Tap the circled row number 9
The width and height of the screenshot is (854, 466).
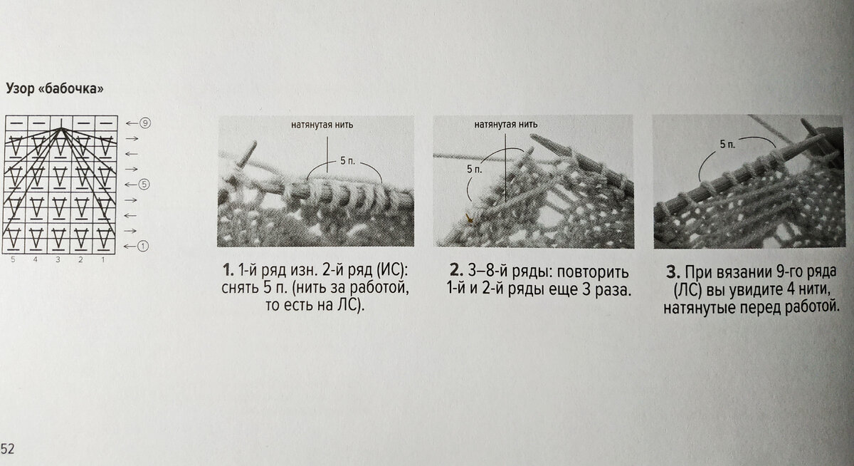click(145, 123)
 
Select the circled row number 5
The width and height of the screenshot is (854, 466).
click(143, 185)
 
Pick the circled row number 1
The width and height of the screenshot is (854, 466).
click(142, 246)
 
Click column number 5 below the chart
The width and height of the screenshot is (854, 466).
click(14, 260)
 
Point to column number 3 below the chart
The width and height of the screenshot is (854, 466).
click(58, 260)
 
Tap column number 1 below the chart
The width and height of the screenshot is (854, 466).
click(103, 260)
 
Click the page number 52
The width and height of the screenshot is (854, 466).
click(7, 448)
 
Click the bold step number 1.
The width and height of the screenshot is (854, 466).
click(228, 270)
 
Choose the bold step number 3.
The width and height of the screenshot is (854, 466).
click(673, 272)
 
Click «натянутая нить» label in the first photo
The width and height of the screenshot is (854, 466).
click(322, 125)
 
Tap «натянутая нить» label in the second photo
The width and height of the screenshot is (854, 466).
click(506, 124)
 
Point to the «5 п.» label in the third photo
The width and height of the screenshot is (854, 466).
click(727, 145)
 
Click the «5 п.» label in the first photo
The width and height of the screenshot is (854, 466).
click(347, 161)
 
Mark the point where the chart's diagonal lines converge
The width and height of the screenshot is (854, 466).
click(61, 129)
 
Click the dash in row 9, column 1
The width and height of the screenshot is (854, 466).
click(105, 123)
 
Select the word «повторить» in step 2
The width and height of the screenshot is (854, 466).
click(593, 271)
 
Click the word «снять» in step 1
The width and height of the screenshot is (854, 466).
click(240, 288)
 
